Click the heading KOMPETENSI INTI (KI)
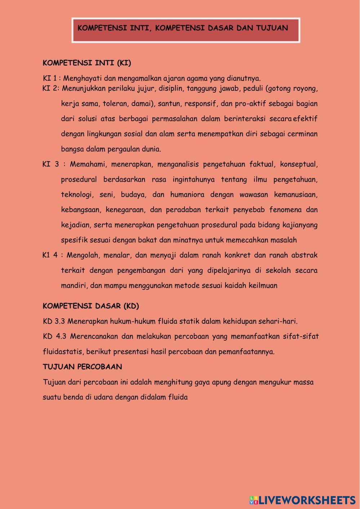tap(87, 63)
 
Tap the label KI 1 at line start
tap(50, 79)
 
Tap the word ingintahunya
tap(194, 180)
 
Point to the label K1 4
tap(50, 255)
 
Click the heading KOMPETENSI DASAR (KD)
tap(91, 306)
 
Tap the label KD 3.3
tap(54, 321)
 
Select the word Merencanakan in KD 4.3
tap(94, 336)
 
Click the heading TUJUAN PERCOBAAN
tap(82, 367)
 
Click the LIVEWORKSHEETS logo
tap(302, 500)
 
